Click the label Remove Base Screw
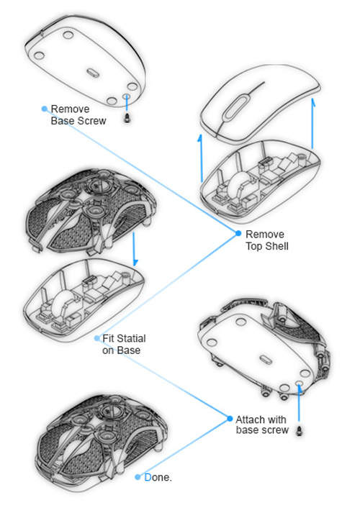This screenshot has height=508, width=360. pos(78,114)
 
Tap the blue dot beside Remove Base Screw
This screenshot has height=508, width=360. pos(45,109)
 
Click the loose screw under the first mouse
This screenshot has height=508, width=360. pos(127,117)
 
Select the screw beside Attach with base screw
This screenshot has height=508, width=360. pos(300,430)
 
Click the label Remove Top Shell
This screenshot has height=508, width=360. pos(267,240)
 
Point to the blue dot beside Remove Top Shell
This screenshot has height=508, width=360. pos(238,233)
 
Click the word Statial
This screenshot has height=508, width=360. pos(131,339)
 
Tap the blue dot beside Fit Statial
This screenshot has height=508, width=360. pos(96,338)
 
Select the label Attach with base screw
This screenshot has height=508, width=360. pos(262,425)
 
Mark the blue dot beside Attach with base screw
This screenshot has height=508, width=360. pos(230,419)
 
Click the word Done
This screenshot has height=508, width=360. pos(158,477)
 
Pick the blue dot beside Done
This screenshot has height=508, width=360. pos(138,477)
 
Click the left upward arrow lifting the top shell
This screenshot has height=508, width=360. pos(201,158)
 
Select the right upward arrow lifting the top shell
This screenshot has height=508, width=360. pos(312,123)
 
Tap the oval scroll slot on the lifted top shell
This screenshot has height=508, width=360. pos(235,106)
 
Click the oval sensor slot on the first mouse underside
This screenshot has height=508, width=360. pos(93,72)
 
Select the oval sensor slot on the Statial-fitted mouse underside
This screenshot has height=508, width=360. pos(266,360)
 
